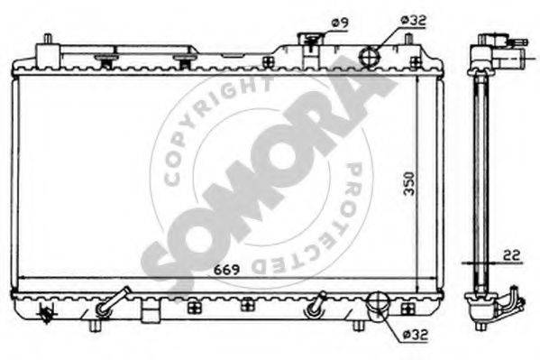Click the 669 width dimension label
(226, 270)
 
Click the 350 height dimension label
(409, 183)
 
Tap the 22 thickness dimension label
(511, 255)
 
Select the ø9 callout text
(340, 23)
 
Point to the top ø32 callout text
(414, 21)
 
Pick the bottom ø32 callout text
(416, 334)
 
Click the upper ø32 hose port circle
(370, 56)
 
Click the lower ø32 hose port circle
(378, 301)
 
